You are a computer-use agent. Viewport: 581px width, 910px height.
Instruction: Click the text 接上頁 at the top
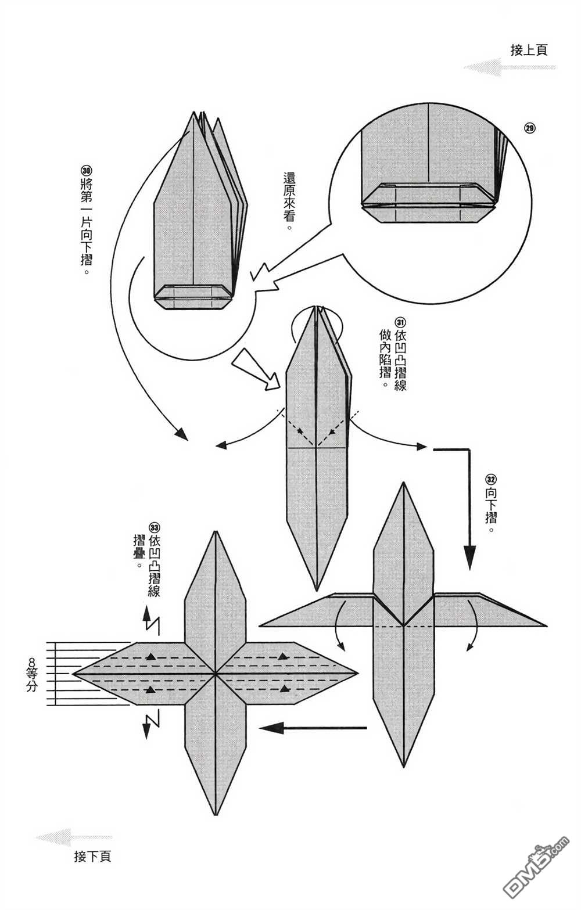coord(529,50)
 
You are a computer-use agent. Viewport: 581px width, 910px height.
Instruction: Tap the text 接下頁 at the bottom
coord(92,856)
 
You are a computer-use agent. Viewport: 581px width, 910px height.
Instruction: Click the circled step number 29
coord(529,128)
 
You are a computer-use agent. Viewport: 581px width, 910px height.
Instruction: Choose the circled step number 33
coord(154,527)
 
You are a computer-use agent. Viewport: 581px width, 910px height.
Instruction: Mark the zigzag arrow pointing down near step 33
coord(150,725)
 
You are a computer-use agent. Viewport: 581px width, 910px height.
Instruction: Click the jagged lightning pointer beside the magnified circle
coord(265,276)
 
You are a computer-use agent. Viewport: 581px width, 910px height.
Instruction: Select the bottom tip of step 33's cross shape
coord(216,814)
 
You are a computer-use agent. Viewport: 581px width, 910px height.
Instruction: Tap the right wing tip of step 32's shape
coord(545,625)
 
